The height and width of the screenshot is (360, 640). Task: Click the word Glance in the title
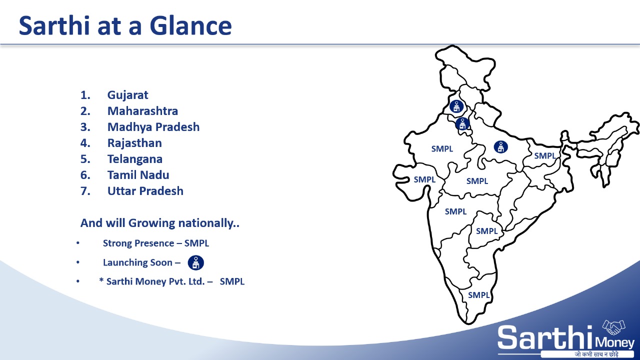coord(190,25)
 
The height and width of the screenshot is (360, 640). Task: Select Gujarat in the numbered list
coord(127,95)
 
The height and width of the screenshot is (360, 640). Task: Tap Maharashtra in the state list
coord(142,111)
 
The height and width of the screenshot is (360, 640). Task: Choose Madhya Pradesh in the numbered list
coord(153,127)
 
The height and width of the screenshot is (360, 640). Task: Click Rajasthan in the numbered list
coord(134,143)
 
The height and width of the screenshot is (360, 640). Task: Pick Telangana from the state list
coord(135,159)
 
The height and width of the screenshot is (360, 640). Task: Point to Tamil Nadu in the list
coord(138,175)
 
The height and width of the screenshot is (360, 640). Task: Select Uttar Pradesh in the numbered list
coord(145,191)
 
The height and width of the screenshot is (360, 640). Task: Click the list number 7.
coord(85,191)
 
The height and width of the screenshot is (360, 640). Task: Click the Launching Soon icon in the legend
coord(195,262)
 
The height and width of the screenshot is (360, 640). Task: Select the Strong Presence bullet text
coord(156,243)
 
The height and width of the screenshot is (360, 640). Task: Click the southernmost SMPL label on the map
coord(479,295)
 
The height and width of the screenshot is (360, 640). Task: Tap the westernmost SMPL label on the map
coord(424,179)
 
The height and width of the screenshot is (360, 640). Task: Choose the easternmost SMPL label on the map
coord(545,155)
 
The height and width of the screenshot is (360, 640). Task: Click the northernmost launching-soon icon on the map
coord(456,106)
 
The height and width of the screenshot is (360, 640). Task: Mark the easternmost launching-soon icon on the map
coord(501,147)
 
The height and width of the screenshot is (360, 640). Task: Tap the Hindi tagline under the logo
coord(596,354)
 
